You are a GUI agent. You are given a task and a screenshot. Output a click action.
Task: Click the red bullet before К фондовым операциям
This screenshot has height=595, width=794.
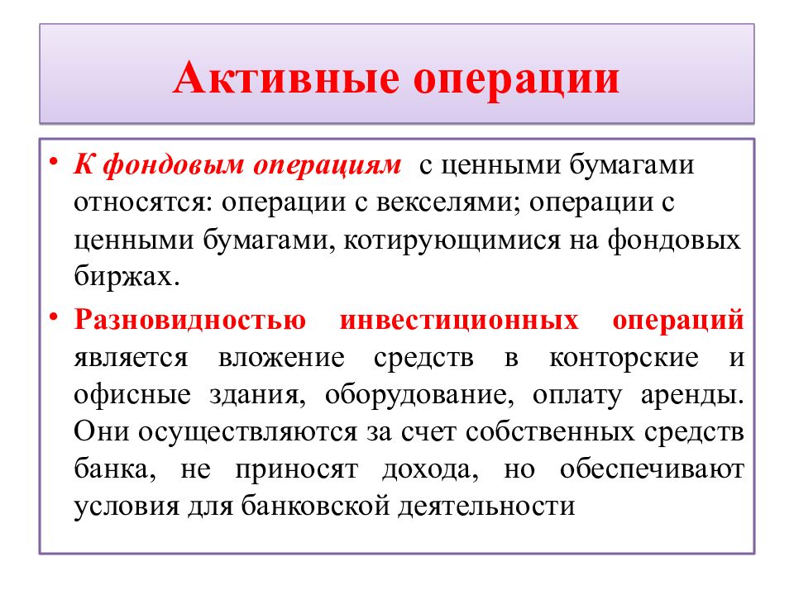(x=53, y=159)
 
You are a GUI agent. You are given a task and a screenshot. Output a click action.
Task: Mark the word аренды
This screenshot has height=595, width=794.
(x=693, y=394)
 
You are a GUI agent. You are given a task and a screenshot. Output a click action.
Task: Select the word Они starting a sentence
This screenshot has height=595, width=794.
(x=100, y=431)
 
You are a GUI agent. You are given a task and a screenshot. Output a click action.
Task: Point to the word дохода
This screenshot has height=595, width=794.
(x=430, y=469)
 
